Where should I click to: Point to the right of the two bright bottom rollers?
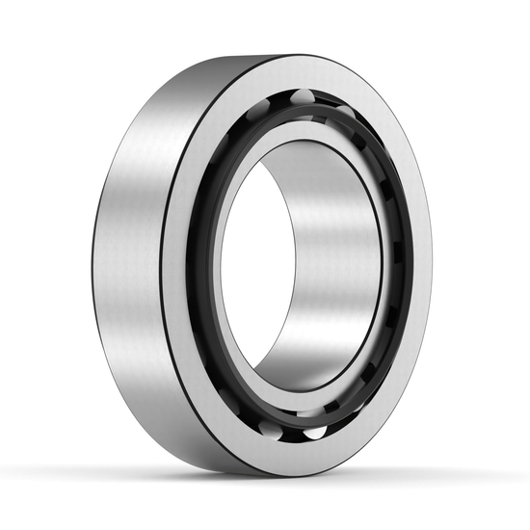click(x=314, y=432)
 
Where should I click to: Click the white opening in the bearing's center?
click(x=252, y=279)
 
